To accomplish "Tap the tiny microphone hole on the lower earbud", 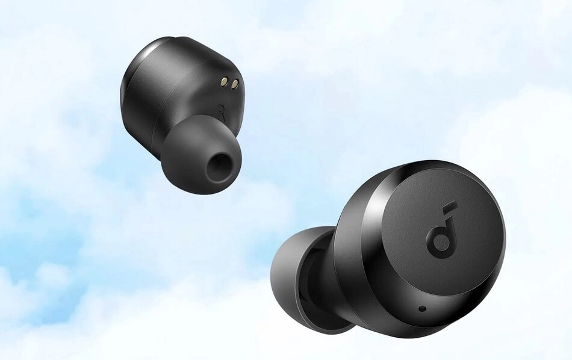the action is point(423,309).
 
